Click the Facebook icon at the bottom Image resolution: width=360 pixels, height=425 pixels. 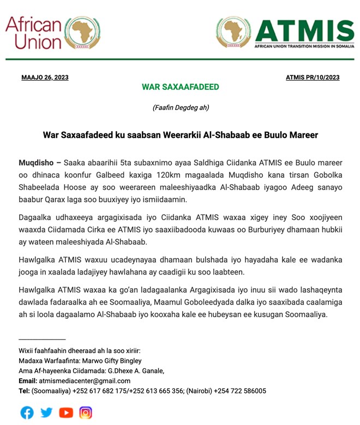point(27,412)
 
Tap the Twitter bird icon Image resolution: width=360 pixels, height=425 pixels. point(47,412)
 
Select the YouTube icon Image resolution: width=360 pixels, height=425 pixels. point(66,412)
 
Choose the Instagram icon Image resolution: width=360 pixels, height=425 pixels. point(86,412)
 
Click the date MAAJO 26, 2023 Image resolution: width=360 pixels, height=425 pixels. point(45,77)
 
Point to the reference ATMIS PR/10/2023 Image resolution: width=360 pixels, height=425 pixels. point(313,77)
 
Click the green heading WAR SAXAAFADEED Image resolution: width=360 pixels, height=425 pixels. point(180,87)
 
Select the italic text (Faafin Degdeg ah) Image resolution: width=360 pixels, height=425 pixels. point(181,107)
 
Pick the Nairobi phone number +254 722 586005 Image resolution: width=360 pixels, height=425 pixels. point(240,391)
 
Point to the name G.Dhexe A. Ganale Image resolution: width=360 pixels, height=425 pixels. point(137,371)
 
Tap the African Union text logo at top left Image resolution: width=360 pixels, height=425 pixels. point(34,33)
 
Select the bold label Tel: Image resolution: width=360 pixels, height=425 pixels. point(24,391)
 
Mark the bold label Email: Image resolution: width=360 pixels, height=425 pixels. point(28,381)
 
